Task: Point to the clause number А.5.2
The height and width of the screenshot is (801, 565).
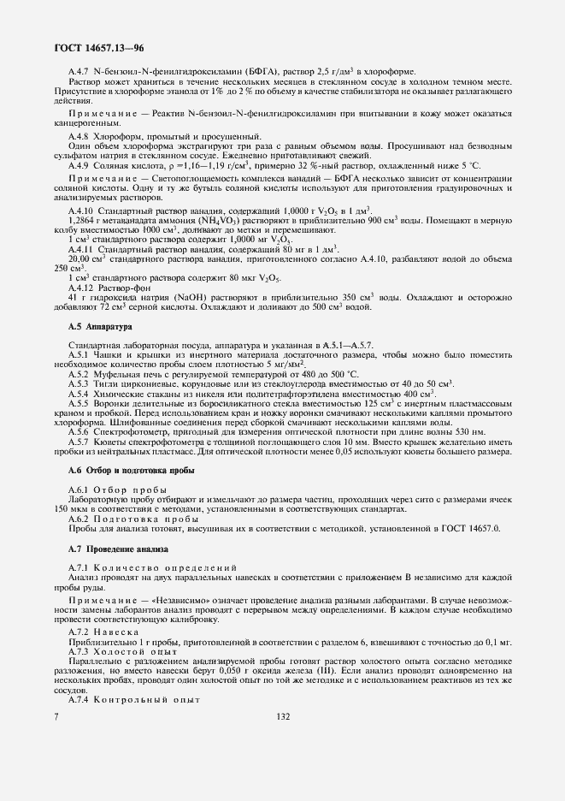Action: click(x=79, y=374)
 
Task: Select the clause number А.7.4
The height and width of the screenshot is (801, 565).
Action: click(x=79, y=699)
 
